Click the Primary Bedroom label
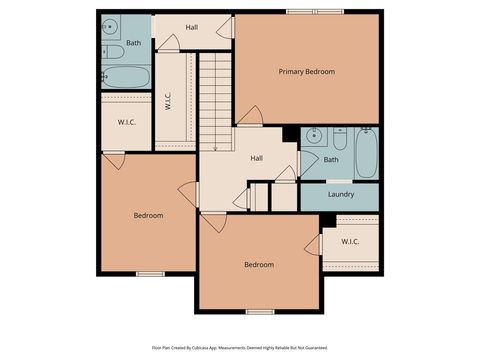coord(306,72)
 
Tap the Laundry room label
coord(340,195)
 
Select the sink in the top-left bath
coord(111,27)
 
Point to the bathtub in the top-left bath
coord(125,77)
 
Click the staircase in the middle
coord(215,100)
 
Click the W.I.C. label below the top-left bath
coord(126,122)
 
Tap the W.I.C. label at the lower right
coord(350,241)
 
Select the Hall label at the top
coord(191,27)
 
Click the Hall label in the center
coord(256,158)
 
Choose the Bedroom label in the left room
coord(148,215)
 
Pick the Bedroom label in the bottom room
coord(259,264)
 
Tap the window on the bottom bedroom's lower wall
coord(260,311)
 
